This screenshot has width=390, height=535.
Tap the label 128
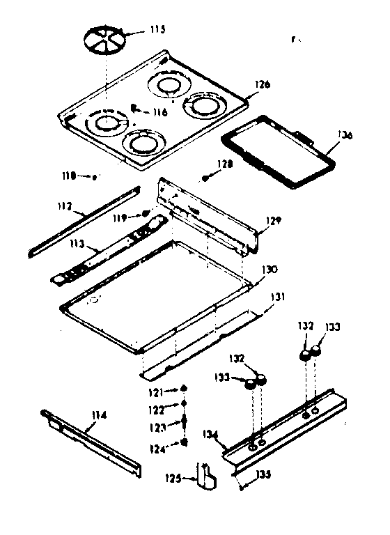tap(224, 164)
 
